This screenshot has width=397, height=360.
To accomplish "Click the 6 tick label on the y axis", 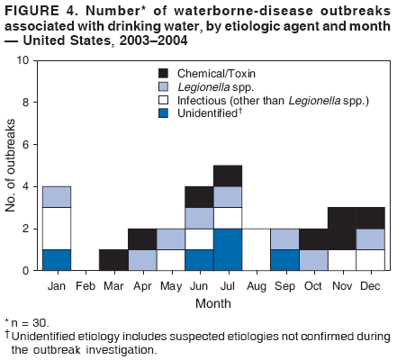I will pos(27,145).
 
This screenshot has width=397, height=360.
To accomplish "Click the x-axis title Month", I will pos(213,301).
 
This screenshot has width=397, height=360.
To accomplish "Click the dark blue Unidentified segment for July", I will pos(227,249).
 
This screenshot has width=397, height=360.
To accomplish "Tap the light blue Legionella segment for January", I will pos(58,196).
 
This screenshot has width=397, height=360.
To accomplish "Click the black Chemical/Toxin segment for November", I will pos(340,228).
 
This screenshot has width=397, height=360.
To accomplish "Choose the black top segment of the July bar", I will pos(227,175).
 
